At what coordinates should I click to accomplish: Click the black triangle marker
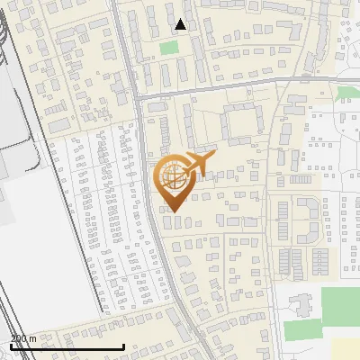[181, 24]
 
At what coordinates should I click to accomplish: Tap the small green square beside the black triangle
[169, 48]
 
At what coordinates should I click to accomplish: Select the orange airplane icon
[198, 164]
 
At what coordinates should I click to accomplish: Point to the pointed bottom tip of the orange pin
[172, 211]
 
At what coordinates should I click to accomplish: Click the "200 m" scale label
[23, 338]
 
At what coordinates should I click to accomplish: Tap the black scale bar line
[67, 347]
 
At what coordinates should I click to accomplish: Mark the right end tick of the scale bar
[123, 346]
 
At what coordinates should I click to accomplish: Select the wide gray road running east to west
[225, 87]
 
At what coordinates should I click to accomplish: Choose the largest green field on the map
[340, 306]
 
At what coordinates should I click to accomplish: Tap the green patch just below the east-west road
[346, 93]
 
